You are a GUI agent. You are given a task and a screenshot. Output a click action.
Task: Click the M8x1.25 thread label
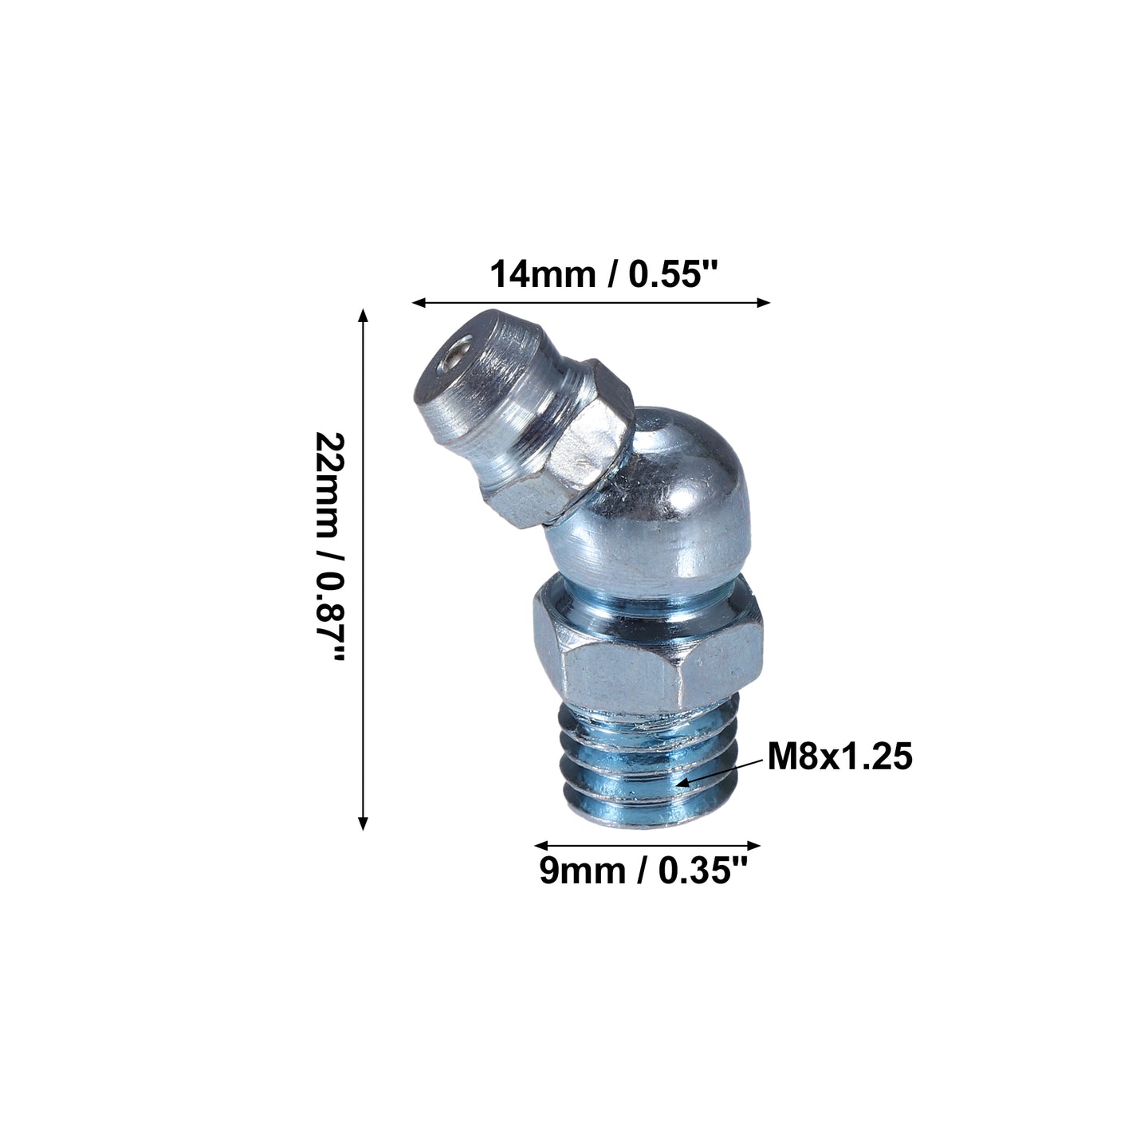tap(839, 757)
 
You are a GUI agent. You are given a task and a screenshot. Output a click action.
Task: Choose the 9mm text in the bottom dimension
tap(583, 871)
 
